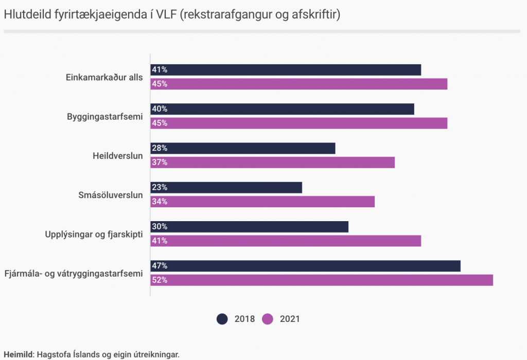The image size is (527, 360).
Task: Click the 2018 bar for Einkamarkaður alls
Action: tap(286, 70)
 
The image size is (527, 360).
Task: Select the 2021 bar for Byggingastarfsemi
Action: tap(298, 123)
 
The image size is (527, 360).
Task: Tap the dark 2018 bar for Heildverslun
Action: tap(242, 148)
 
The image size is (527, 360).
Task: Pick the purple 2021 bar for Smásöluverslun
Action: tap(262, 202)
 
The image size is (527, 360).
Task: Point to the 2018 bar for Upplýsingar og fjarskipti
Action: tap(249, 227)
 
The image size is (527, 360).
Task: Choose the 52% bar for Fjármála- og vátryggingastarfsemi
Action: tap(322, 280)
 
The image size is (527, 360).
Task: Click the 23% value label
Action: tap(160, 187)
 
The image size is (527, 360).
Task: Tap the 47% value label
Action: tap(160, 266)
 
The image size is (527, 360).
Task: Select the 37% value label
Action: tap(160, 163)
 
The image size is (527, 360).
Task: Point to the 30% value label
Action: tap(160, 227)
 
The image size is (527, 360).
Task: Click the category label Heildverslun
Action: tap(117, 155)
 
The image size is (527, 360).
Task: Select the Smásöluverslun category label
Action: tap(110, 195)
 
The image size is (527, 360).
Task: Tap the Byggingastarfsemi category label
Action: tap(104, 116)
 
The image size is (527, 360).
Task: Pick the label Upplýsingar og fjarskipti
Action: tap(94, 234)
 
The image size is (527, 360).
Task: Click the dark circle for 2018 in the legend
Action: tap(222, 319)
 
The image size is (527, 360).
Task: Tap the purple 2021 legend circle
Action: tap(268, 319)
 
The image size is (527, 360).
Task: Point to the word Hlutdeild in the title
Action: tap(26, 15)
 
